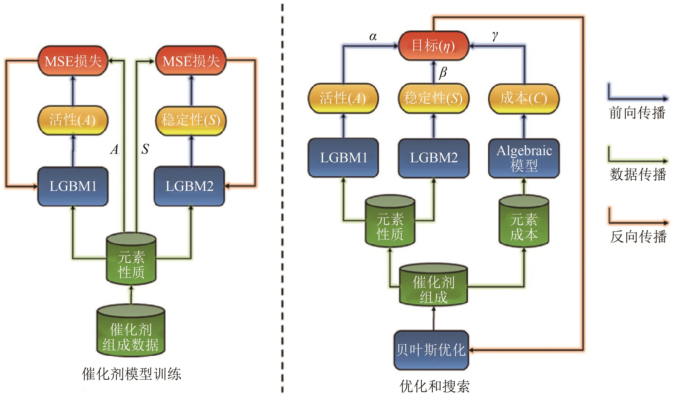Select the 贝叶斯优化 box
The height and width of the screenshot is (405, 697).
[431, 350]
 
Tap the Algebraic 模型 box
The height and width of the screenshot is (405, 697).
[524, 158]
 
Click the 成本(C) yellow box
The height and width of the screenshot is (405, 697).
[524, 98]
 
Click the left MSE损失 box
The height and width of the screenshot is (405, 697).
[73, 61]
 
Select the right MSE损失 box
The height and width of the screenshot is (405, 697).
[191, 61]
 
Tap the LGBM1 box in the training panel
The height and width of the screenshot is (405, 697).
[73, 186]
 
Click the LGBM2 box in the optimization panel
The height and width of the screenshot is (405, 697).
[433, 158]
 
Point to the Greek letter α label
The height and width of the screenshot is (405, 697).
[373, 37]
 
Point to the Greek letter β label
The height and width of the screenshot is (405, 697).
[443, 72]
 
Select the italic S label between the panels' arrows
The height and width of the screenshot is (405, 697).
[145, 149]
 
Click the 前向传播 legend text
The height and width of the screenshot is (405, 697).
[637, 113]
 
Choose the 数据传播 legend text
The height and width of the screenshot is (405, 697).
[638, 175]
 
